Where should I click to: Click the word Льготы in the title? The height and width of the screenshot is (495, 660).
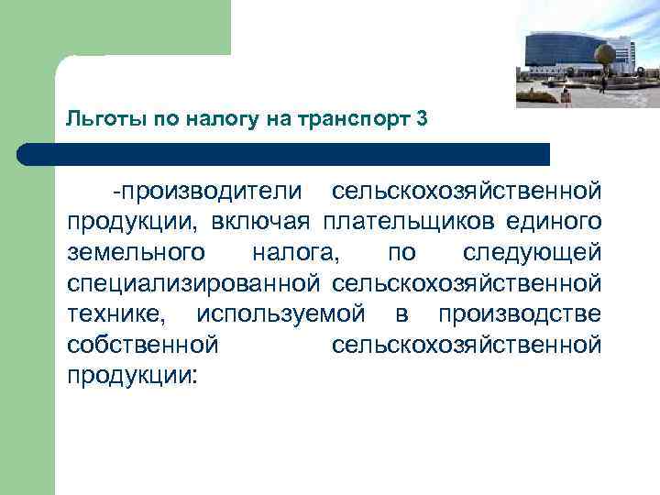94,119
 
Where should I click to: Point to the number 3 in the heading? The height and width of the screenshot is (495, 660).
421,119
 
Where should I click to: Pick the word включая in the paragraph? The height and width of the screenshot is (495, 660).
263,222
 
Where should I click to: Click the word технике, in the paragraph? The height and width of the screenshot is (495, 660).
117,315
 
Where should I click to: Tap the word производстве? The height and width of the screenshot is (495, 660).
519,315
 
